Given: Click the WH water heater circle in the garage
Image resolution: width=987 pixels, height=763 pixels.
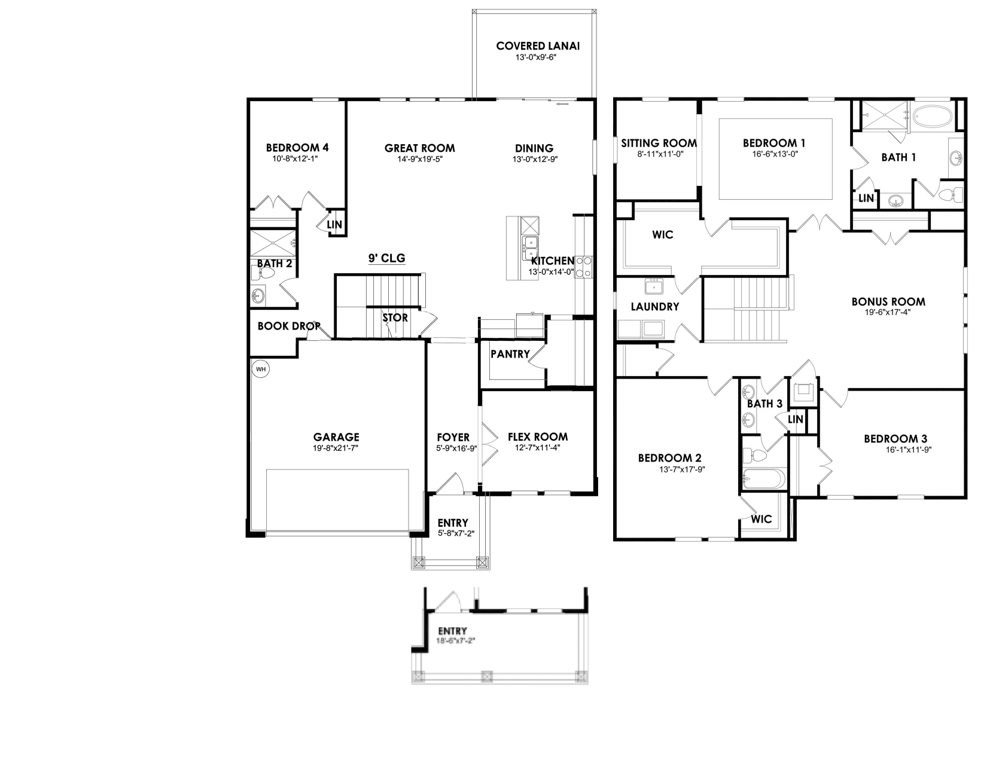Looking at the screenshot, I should (261, 369).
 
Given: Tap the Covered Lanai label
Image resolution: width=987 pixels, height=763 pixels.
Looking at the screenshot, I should (538, 46).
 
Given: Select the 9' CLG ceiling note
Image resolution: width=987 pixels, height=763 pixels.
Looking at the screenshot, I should (386, 258).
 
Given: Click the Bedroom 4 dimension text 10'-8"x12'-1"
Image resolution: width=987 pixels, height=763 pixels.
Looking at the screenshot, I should (297, 159).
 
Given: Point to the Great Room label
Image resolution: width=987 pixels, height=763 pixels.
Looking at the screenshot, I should (419, 148).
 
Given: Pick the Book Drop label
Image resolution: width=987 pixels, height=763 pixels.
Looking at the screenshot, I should (289, 326).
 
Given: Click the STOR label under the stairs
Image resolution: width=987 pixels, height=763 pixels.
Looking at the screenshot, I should (395, 318).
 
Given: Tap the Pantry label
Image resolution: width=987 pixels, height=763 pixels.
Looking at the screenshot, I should (510, 354).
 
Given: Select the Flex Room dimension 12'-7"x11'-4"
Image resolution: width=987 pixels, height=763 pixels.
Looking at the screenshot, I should (538, 448).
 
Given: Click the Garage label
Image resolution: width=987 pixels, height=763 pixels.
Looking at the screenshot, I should (336, 437).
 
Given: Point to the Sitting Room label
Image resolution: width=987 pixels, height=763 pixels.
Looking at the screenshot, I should (659, 143).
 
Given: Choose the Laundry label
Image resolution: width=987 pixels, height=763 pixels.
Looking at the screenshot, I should (655, 307).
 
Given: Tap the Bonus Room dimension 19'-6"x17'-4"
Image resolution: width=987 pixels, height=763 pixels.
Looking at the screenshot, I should (888, 312).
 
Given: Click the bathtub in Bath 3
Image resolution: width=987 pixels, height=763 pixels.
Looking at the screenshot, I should (763, 478).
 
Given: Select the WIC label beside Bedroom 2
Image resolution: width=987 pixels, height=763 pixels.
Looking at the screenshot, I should (761, 519).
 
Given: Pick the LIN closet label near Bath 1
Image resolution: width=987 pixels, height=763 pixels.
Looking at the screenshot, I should (866, 198).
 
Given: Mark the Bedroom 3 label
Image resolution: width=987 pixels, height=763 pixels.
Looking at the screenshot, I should (895, 439).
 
